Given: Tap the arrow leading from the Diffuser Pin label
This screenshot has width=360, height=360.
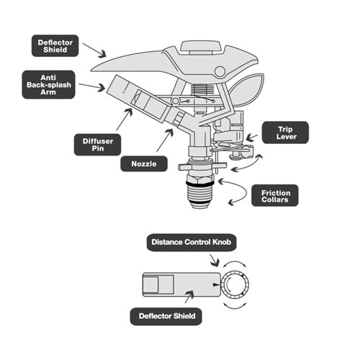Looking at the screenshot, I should (x=122, y=119).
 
